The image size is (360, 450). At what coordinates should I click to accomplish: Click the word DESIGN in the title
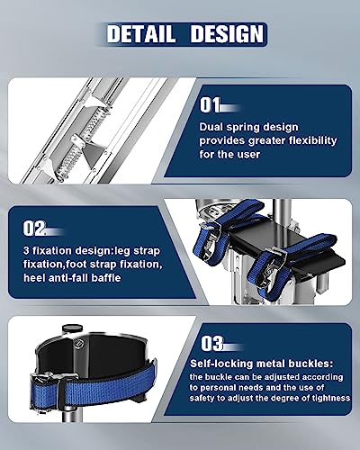click(x=224, y=34)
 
